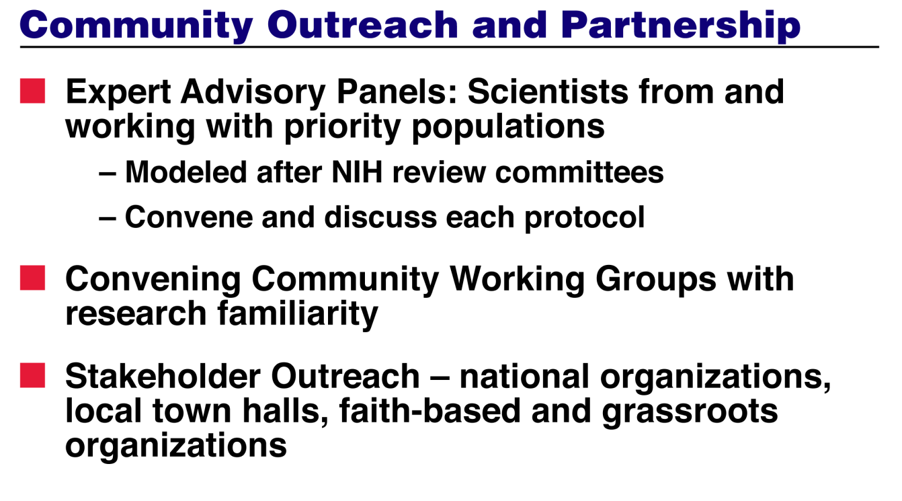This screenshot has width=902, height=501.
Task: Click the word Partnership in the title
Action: tap(680, 26)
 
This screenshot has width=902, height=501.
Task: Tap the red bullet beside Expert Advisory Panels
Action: tap(33, 91)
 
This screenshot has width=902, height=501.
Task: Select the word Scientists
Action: tap(548, 92)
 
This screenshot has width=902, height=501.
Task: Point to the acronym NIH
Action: tap(357, 172)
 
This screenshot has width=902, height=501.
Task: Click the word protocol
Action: tap(585, 218)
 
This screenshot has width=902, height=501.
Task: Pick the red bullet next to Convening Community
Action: tap(33, 278)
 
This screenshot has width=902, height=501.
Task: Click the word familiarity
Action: tap(298, 314)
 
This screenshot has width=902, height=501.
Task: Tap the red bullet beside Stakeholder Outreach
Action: tap(33, 375)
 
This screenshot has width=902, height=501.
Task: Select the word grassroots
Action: tap(690, 412)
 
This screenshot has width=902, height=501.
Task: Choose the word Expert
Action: tap(118, 93)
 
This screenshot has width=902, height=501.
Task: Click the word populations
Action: tap(508, 127)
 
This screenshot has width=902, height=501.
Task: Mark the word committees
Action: tap(579, 172)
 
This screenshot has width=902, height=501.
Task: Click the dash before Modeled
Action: tap(108, 175)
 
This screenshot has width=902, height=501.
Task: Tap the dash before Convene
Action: tap(108, 219)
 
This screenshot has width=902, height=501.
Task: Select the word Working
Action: tap(517, 280)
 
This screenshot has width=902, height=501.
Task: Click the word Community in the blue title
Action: tap(136, 26)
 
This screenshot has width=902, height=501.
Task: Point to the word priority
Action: tap(342, 127)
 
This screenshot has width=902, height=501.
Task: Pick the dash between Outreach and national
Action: tap(440, 379)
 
